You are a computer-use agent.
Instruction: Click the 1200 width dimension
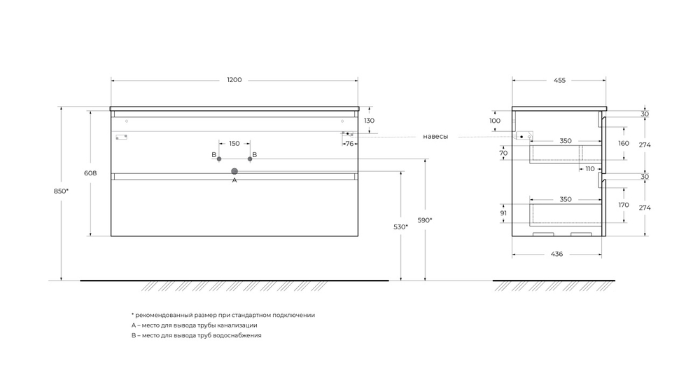click(x=234, y=80)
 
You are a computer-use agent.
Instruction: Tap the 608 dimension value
click(x=90, y=173)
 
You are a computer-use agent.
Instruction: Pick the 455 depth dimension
click(x=559, y=80)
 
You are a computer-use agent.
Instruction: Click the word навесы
click(x=435, y=136)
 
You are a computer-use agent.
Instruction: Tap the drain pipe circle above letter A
click(x=234, y=171)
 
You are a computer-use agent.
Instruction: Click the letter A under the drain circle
click(x=234, y=181)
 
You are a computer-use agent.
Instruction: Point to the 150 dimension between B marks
click(x=234, y=143)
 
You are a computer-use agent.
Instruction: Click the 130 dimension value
click(x=370, y=121)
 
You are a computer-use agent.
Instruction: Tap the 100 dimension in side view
click(x=495, y=121)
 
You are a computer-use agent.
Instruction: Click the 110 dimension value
click(x=589, y=169)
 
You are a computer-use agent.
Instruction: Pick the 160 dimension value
click(x=624, y=144)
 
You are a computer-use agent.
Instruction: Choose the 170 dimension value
click(x=624, y=205)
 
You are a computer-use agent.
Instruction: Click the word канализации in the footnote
click(x=236, y=325)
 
